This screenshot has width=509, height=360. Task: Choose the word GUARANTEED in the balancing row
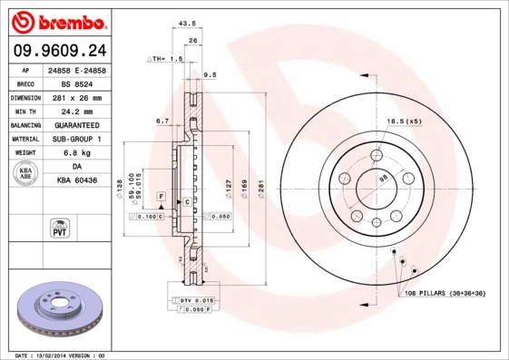click(77, 125)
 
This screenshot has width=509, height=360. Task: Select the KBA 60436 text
click(77, 181)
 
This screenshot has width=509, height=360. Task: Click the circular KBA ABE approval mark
click(24, 174)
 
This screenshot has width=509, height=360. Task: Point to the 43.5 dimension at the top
click(186, 24)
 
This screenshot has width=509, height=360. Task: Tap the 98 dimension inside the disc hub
click(383, 180)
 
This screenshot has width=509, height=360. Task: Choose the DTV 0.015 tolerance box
click(194, 300)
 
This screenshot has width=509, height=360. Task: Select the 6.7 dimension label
click(162, 120)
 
